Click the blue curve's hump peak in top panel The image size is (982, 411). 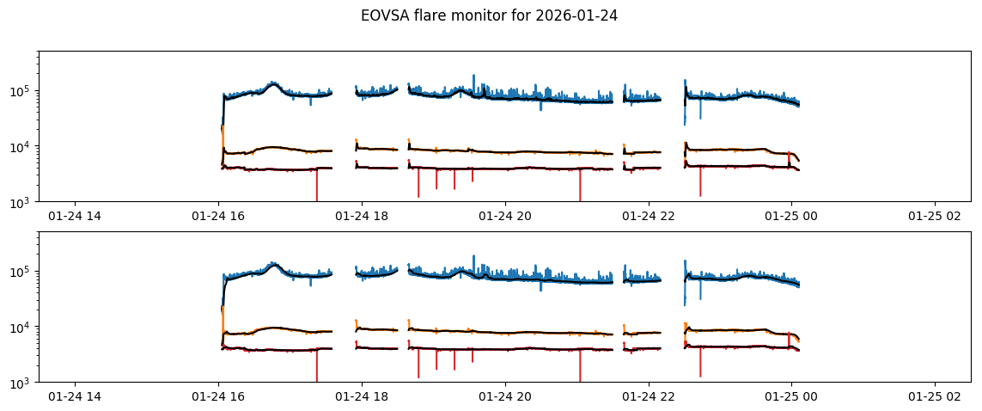(274, 83)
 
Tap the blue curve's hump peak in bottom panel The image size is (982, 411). (274, 264)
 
